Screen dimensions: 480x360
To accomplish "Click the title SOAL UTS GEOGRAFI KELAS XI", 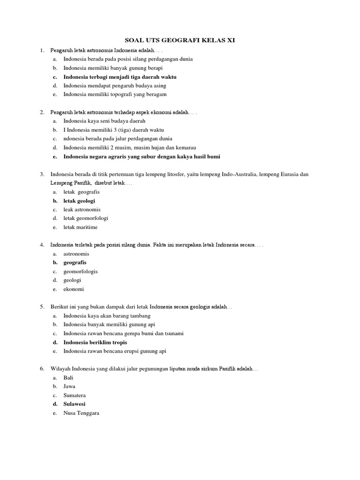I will pyautogui.click(x=180, y=41).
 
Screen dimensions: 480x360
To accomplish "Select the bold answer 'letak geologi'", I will pyautogui.click(x=79, y=201).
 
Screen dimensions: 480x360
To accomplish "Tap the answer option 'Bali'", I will pyautogui.click(x=68, y=377).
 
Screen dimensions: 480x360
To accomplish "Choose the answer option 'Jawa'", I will pyautogui.click(x=69, y=386).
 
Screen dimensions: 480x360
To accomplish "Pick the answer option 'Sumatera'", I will pyautogui.click(x=75, y=395).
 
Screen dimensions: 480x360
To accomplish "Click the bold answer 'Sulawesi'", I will pyautogui.click(x=75, y=404).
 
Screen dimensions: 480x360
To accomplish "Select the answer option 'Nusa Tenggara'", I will pyautogui.click(x=81, y=413).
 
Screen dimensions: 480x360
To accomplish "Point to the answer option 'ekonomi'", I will pyautogui.click(x=74, y=289).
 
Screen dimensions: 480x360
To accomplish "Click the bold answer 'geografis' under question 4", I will pyautogui.click(x=75, y=262).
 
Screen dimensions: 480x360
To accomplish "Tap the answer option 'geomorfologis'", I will pyautogui.click(x=81, y=271).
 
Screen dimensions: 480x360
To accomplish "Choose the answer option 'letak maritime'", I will pyautogui.click(x=81, y=227).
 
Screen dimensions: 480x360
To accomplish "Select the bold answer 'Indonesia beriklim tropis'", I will pyautogui.click(x=95, y=342).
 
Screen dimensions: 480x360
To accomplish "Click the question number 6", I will pyautogui.click(x=42, y=369).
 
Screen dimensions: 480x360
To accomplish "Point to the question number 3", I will pyautogui.click(x=42, y=174).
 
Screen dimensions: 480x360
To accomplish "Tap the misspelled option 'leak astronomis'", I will pyautogui.click(x=82, y=210).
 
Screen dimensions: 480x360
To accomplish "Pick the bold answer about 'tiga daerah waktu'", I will pyautogui.click(x=120, y=77).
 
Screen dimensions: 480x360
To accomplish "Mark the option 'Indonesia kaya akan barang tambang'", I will pyautogui.click(x=107, y=315).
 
